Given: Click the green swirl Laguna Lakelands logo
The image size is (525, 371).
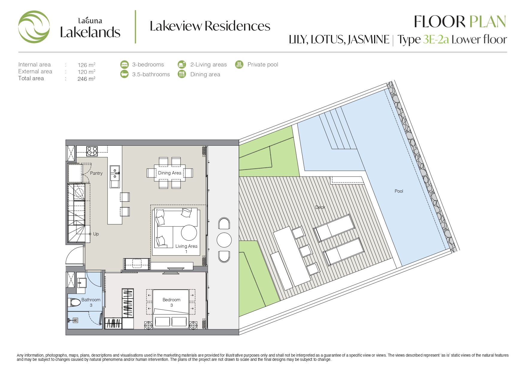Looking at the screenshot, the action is (34, 27).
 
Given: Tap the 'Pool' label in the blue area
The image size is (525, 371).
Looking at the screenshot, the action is (399, 191).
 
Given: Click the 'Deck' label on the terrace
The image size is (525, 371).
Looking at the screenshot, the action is (320, 207).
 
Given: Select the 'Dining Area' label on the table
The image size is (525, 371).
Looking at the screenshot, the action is (170, 173).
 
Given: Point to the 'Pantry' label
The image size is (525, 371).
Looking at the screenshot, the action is (96, 173).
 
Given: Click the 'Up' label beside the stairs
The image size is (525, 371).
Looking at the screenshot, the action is (96, 234).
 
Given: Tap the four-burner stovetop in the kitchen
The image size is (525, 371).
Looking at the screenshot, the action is (92, 151).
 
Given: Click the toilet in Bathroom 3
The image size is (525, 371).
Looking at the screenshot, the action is (75, 303).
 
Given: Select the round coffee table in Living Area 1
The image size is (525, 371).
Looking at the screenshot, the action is (189, 232).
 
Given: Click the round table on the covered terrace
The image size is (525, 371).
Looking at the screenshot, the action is (224, 240).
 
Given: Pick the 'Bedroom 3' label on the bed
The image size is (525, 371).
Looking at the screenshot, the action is (171, 302).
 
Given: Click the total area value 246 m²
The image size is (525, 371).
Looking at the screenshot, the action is (86, 79).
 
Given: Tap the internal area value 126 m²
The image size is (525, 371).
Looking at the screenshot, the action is (86, 65).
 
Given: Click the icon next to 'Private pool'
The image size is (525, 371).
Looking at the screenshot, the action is (239, 64).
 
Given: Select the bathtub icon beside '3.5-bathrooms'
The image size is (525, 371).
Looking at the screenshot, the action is (124, 74).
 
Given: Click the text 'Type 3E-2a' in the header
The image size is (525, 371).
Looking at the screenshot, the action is (423, 40).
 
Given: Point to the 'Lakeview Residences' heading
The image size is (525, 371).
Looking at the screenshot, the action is (210, 26).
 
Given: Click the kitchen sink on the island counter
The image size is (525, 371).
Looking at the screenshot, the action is (115, 173).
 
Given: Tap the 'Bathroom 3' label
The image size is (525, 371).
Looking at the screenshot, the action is (91, 302).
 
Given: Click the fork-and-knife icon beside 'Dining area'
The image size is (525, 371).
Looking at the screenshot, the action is (182, 74).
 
